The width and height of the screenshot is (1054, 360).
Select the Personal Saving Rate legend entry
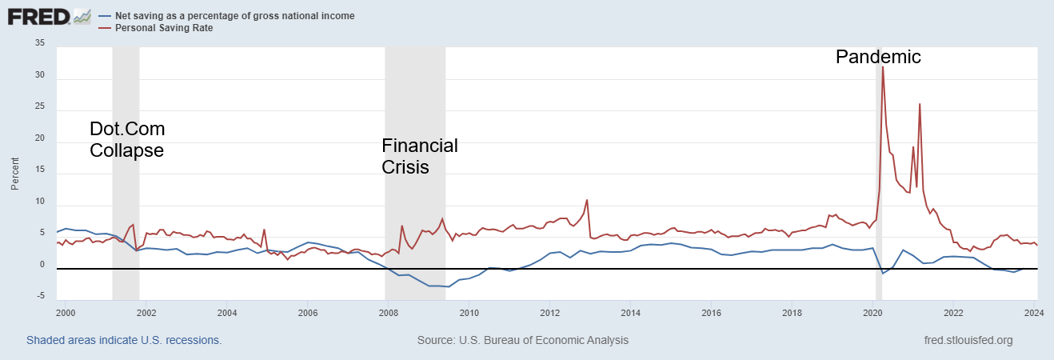click(164, 28)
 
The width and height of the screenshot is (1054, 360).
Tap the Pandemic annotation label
click(878, 57)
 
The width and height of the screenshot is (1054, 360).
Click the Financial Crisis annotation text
click(419, 156)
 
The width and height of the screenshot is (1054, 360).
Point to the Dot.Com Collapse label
click(126, 139)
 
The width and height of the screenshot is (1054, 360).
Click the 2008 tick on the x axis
click(388, 312)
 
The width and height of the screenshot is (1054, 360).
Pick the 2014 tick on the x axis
click(630, 312)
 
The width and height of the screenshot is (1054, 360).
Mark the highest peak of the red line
click(882, 67)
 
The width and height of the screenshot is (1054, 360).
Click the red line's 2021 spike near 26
click(920, 104)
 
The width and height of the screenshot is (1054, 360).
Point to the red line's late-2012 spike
click(587, 200)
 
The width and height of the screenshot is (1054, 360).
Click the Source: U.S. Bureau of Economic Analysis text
click(523, 340)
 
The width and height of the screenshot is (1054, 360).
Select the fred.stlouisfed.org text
click(968, 340)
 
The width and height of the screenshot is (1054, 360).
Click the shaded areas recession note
click(124, 340)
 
